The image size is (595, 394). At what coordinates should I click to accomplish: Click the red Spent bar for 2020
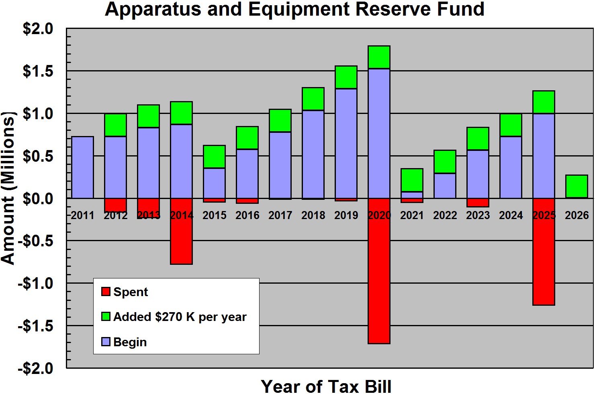pos(379,281)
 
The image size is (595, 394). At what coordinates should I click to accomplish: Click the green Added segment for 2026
pos(577,186)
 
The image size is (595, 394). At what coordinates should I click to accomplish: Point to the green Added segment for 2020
pos(379,57)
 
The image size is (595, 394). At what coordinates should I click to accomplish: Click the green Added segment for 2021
pos(412,180)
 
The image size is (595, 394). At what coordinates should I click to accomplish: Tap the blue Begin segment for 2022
pos(445,186)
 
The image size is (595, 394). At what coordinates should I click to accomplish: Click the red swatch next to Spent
pos(106,292)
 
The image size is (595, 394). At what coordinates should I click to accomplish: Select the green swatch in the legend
pos(106,317)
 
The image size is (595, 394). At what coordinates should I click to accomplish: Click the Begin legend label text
pos(130,342)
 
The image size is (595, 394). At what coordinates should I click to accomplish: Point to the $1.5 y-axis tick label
pos(38,71)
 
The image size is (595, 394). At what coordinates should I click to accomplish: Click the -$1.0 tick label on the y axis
pos(35,284)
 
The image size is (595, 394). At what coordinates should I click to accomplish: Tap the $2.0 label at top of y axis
pos(38,29)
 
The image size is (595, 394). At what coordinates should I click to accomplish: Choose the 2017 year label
pos(280,215)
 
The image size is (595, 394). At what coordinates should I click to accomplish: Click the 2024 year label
pos(511,215)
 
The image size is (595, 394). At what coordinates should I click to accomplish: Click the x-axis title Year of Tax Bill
pos(326,386)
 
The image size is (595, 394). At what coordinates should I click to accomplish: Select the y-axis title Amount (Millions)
pos(8,188)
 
